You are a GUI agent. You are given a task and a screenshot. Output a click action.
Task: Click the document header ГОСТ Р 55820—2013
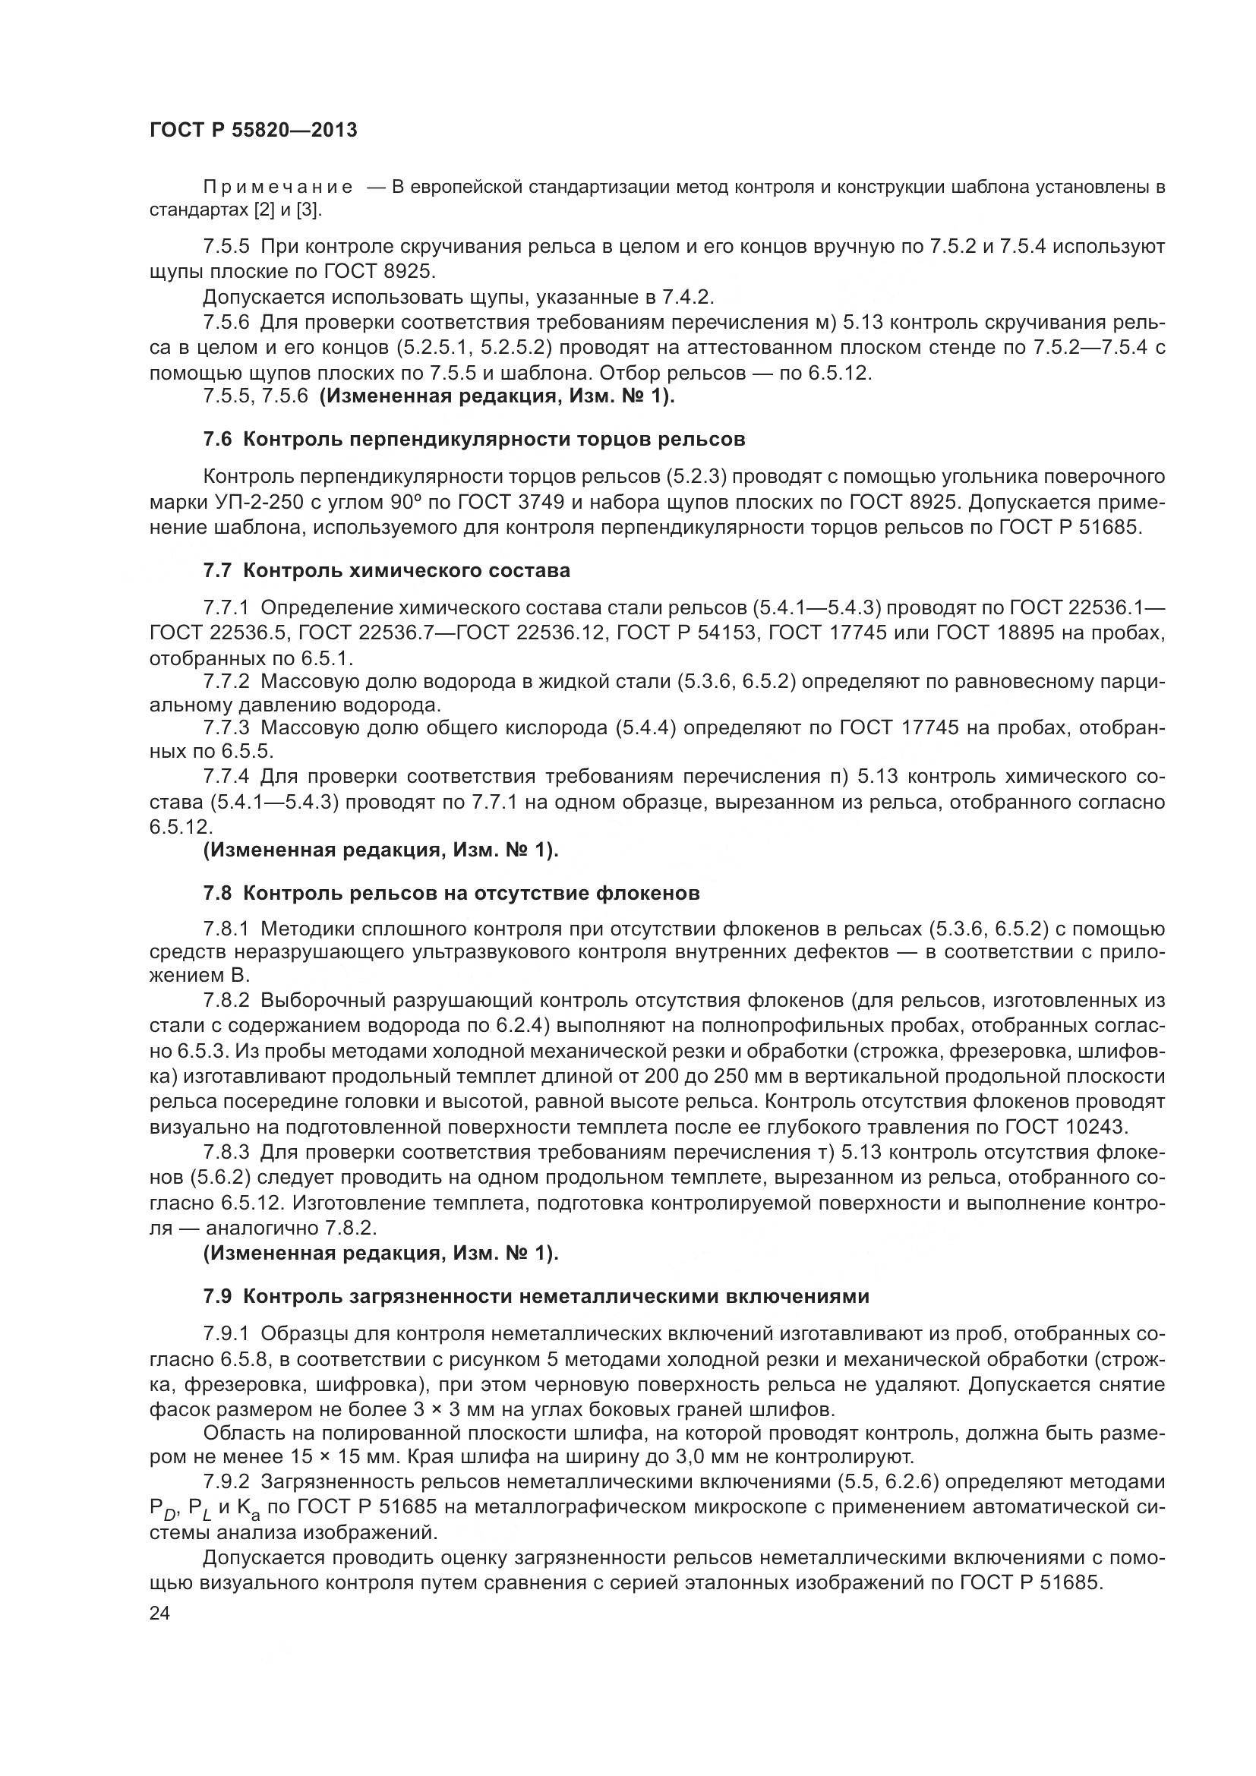pyautogui.click(x=253, y=130)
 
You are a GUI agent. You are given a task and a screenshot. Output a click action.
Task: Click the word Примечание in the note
pyautogui.click(x=278, y=188)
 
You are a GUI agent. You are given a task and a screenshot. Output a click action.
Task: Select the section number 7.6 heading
pyautogui.click(x=217, y=440)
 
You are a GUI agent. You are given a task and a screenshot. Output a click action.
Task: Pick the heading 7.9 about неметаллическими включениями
pyautogui.click(x=536, y=1295)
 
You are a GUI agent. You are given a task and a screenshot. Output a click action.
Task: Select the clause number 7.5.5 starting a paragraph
pyautogui.click(x=226, y=247)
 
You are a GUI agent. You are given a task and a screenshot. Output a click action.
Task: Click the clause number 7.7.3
pyautogui.click(x=226, y=728)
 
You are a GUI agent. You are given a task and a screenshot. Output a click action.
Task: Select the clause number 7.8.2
pyautogui.click(x=226, y=1001)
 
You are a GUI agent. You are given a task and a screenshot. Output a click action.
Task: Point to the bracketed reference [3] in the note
pyautogui.click(x=308, y=210)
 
